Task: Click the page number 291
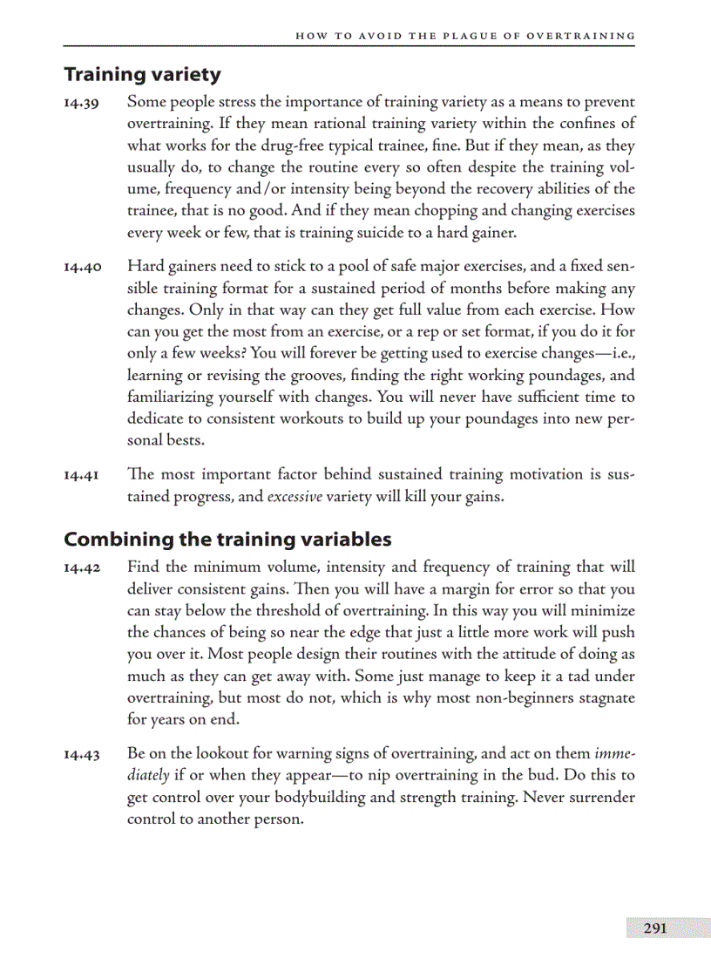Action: coord(655,928)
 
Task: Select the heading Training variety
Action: coord(142,75)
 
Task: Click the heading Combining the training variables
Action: coord(227,539)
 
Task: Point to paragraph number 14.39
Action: coord(82,104)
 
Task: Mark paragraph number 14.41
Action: coord(82,476)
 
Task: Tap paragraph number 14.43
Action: coord(82,753)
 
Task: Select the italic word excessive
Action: coord(294,498)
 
